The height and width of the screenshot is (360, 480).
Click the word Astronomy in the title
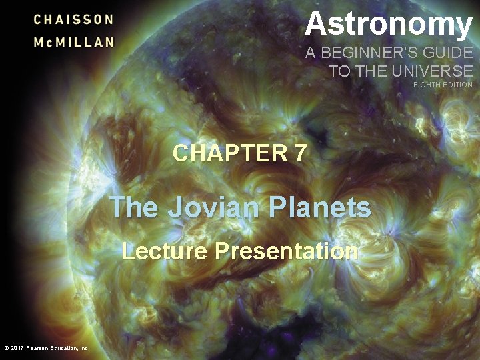pos(389,25)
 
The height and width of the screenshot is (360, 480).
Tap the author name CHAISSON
pos(74,19)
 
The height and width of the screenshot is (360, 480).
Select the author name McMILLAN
pos(74,41)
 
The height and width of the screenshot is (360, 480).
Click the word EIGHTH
pos(427,85)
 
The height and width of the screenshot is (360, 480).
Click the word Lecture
pos(165,251)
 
